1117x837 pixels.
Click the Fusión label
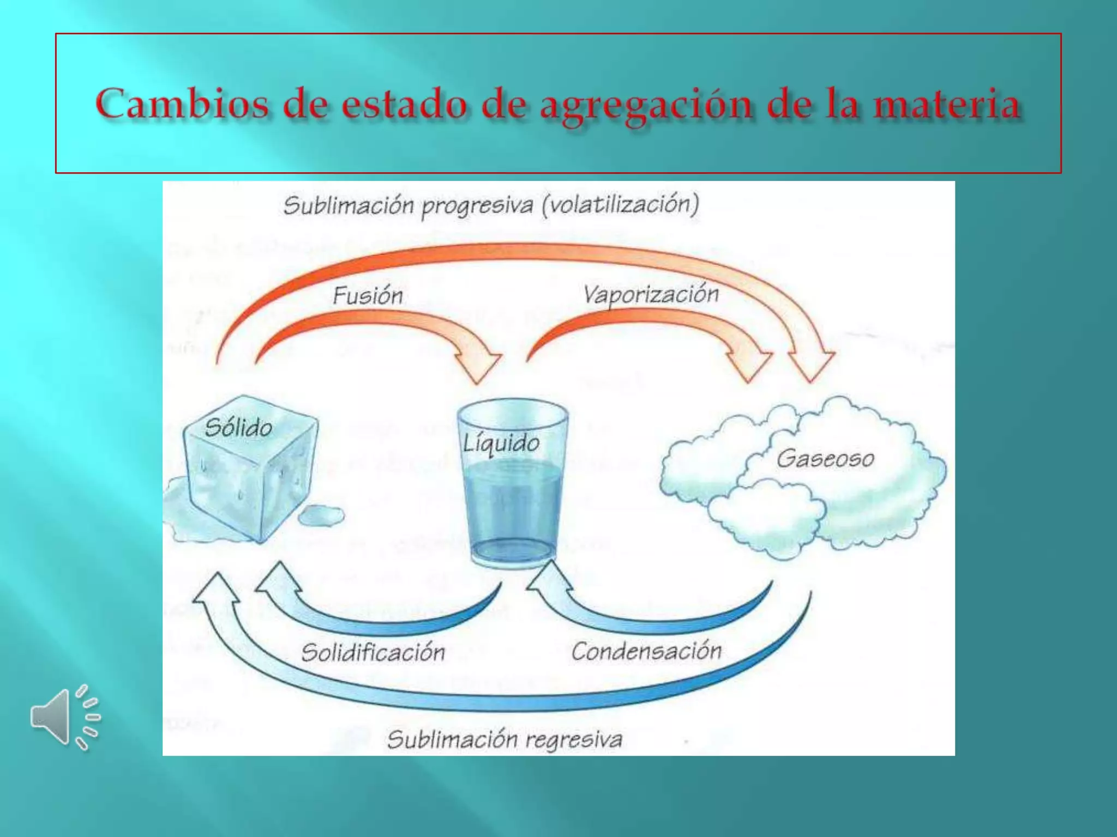coord(368,296)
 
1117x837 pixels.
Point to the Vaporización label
coord(651,295)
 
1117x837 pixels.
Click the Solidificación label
coord(374,652)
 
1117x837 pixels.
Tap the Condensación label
coord(646,651)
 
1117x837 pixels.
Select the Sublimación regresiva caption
coord(505,739)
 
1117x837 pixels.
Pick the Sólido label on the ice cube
coord(238,428)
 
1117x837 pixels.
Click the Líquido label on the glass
coord(501,443)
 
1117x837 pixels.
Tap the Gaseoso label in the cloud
coord(825,459)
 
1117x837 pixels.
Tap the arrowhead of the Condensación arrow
coord(548,578)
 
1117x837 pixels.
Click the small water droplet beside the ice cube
coord(322,515)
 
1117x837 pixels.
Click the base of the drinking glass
coord(513,553)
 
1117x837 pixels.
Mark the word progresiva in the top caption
coord(477,206)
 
